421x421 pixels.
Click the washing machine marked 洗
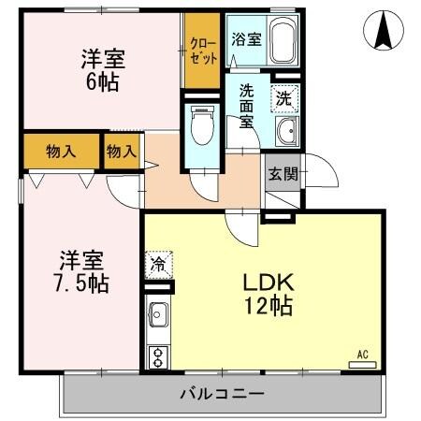tap(282, 95)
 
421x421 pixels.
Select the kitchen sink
tap(157, 315)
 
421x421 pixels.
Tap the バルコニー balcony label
tap(222, 393)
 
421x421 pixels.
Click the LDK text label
tap(270, 281)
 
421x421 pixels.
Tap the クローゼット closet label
tap(203, 50)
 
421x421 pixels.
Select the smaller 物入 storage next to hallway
tap(122, 151)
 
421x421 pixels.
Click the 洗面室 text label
tap(247, 106)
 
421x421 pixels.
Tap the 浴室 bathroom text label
tap(246, 39)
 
